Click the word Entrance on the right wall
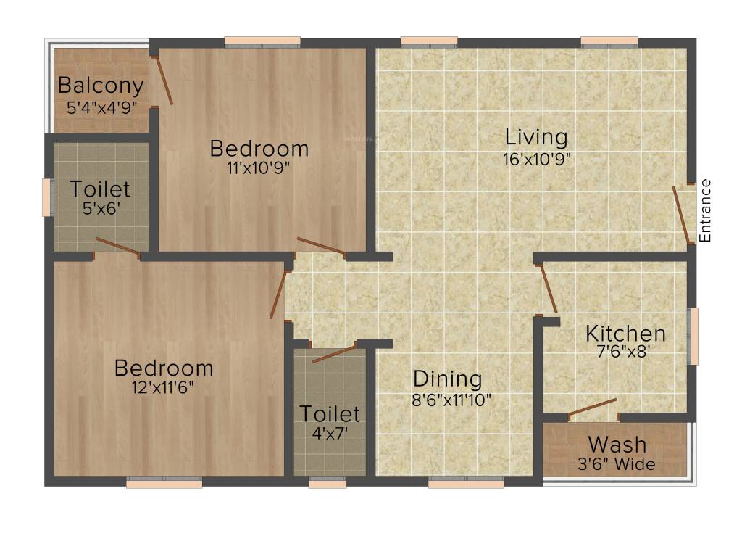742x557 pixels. pos(705,210)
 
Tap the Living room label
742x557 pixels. pos(536,136)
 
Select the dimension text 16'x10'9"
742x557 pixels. pos(537,159)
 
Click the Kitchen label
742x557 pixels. pos(625,334)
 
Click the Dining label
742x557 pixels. pos(447,379)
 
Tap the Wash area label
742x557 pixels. pos(617,444)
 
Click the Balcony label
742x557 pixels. pos(101,86)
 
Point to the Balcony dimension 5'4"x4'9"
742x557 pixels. pos(101,108)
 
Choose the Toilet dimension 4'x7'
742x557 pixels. pos(330,434)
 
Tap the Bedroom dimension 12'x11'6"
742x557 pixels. pos(164,387)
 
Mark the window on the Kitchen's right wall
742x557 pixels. pos(693,336)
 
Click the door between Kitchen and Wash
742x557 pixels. pos(592,408)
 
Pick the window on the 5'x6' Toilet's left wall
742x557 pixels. pos(47,197)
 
